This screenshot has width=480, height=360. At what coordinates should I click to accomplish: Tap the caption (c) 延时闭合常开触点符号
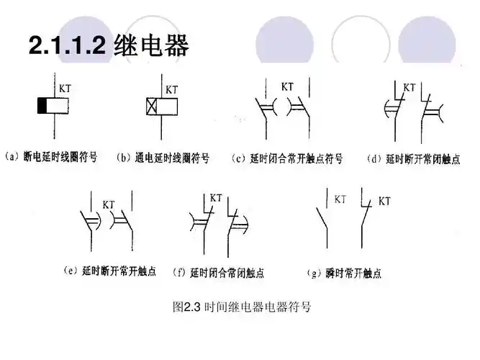point(287,157)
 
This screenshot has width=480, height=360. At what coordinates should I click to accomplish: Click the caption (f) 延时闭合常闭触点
point(218,273)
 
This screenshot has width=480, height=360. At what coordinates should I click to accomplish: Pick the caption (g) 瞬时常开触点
point(344,273)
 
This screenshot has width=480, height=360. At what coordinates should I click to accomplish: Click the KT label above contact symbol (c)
point(287,86)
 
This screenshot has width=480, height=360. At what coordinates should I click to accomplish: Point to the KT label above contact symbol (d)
point(409,87)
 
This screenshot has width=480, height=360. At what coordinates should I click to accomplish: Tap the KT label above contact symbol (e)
point(109,204)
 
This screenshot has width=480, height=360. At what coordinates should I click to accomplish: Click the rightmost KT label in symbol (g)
point(384,200)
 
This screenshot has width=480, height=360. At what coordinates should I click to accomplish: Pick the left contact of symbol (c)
point(265,112)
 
